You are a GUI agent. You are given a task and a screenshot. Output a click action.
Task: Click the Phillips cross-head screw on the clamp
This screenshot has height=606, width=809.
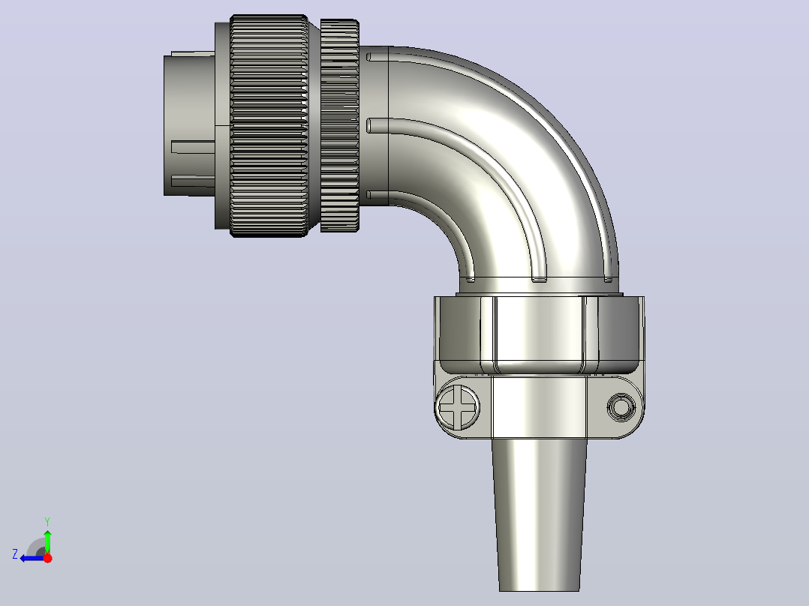pyautogui.click(x=458, y=406)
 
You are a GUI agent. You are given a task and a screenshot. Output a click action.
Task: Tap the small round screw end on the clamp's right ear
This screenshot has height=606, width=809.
pyautogui.click(x=621, y=407)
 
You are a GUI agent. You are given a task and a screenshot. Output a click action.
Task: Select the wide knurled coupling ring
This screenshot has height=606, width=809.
pyautogui.click(x=269, y=126)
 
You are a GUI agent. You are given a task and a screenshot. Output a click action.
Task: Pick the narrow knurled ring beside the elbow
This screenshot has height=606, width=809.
pyautogui.click(x=339, y=126)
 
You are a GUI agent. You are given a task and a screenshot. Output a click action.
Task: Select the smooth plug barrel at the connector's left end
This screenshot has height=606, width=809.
pyautogui.click(x=189, y=124)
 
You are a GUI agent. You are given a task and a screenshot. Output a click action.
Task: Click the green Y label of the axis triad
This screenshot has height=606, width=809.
pyautogui.click(x=47, y=521)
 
